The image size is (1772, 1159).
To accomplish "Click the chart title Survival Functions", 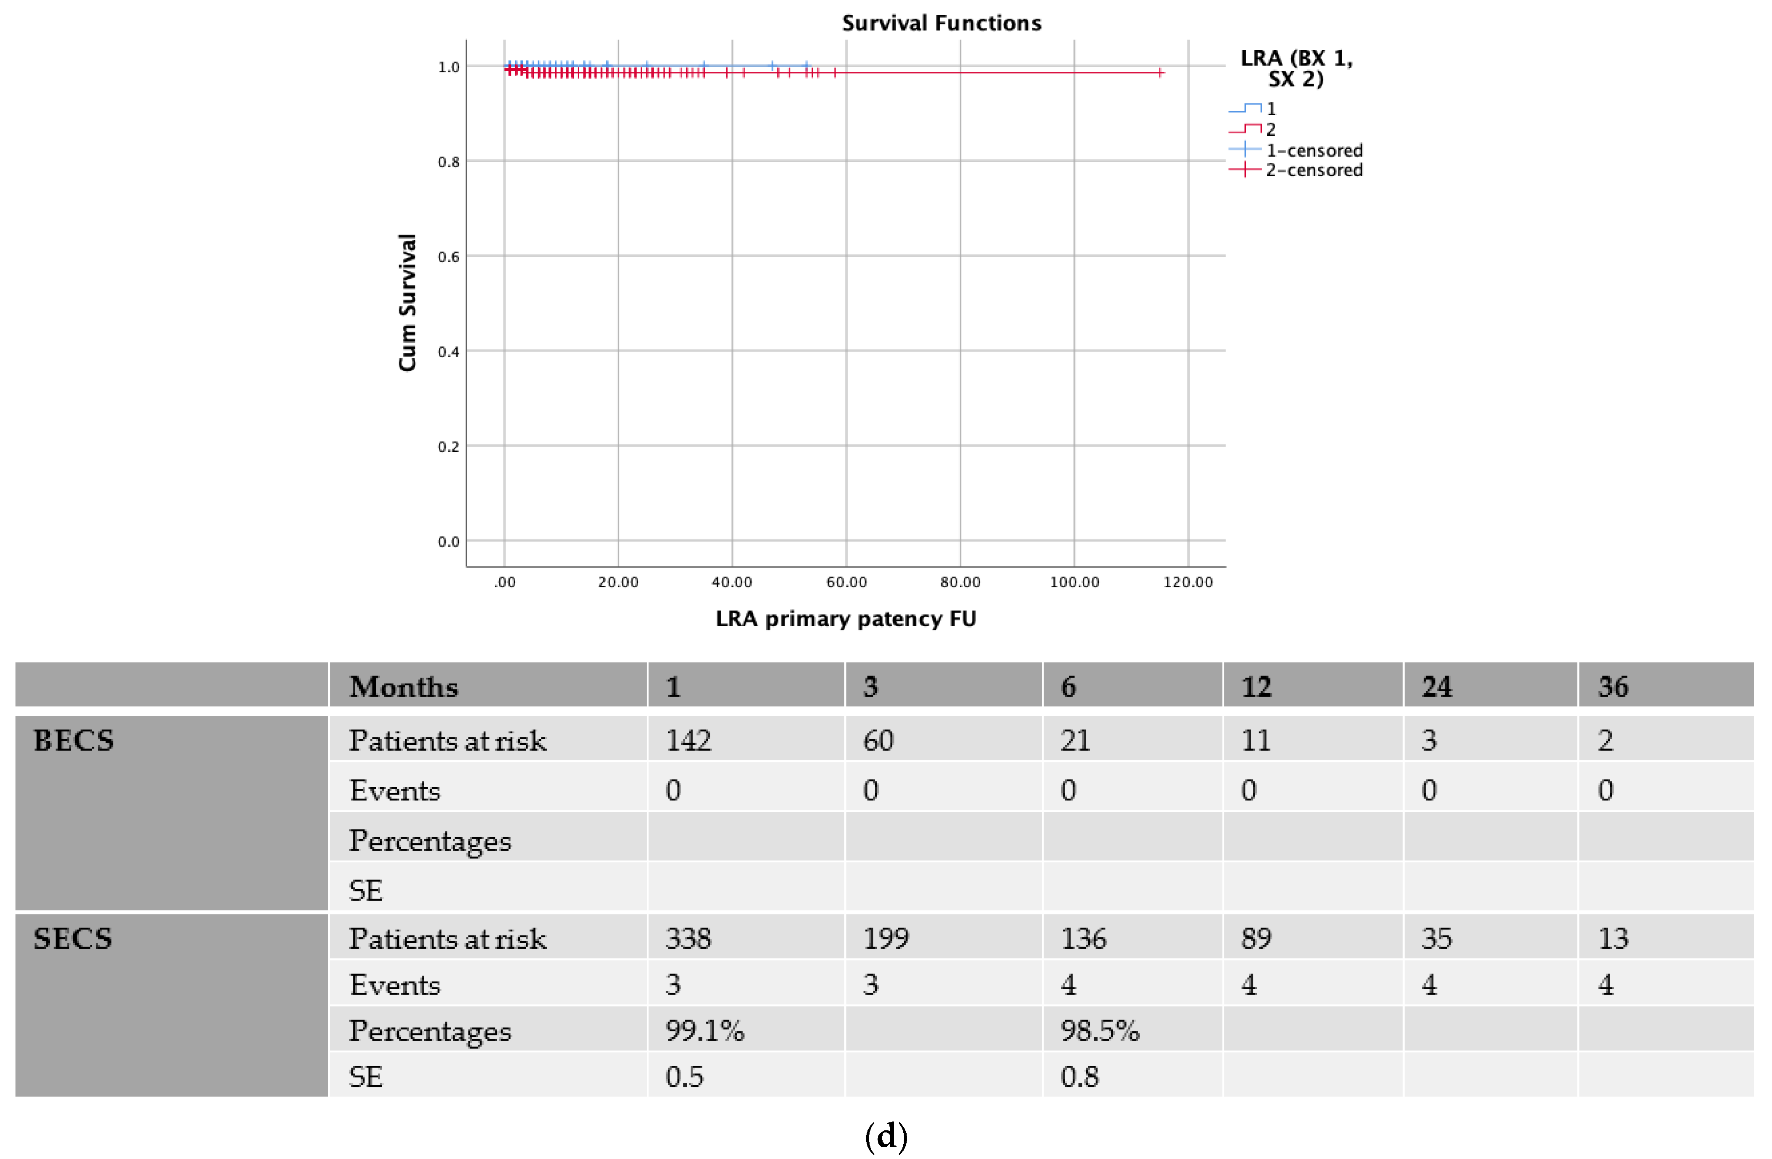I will (x=941, y=23).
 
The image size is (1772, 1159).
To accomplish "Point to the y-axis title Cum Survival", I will (x=407, y=303).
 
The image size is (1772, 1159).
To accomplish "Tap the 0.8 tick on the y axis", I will (x=448, y=162).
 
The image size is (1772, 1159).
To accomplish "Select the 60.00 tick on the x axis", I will (x=846, y=582).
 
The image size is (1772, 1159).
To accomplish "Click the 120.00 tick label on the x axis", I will (x=1188, y=582).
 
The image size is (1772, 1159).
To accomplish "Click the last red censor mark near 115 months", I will (x=1160, y=72).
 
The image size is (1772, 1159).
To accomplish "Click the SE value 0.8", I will (x=1079, y=1076).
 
